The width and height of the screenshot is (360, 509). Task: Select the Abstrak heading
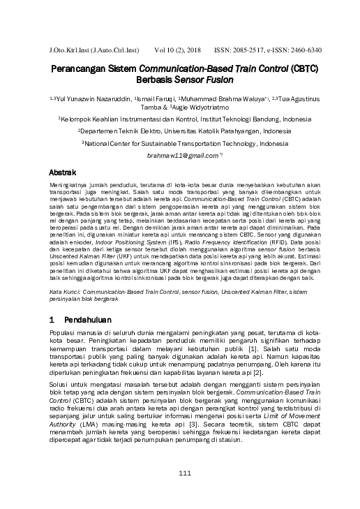pos(64,171)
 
